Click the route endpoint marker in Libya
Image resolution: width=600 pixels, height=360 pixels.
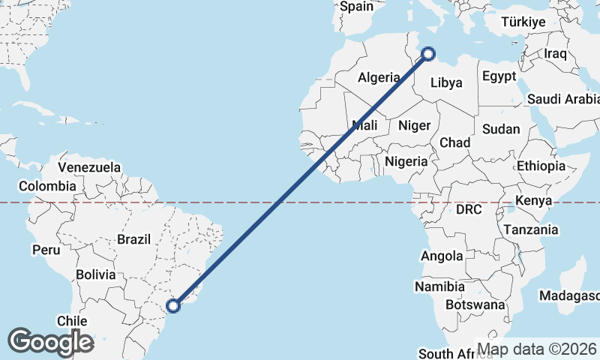coord(428,53)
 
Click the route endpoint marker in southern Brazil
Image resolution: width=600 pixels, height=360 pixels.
coord(173,305)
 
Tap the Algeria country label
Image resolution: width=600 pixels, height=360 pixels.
coord(379,77)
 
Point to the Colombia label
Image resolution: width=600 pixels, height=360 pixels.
coord(47,186)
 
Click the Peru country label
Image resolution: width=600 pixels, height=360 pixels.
coord(45,248)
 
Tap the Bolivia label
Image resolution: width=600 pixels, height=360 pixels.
coord(94,274)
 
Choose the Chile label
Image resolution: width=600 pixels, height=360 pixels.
coord(73,321)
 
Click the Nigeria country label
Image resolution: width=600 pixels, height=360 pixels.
coord(406,161)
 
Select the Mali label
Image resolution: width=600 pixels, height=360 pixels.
coord(364,126)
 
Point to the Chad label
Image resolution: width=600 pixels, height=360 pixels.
coord(455,142)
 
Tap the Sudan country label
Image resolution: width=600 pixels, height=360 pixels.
coord(501,129)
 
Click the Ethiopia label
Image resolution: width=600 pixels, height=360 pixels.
coord(541,166)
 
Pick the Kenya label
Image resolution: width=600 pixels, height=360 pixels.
coord(534,200)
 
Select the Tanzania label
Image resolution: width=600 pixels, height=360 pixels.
coord(531,229)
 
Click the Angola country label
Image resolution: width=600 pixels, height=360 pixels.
coord(442,256)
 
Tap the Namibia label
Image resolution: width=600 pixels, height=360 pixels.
coord(439,286)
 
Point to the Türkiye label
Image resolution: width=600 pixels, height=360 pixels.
coord(523,22)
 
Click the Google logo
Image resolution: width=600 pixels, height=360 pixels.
coord(50,342)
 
